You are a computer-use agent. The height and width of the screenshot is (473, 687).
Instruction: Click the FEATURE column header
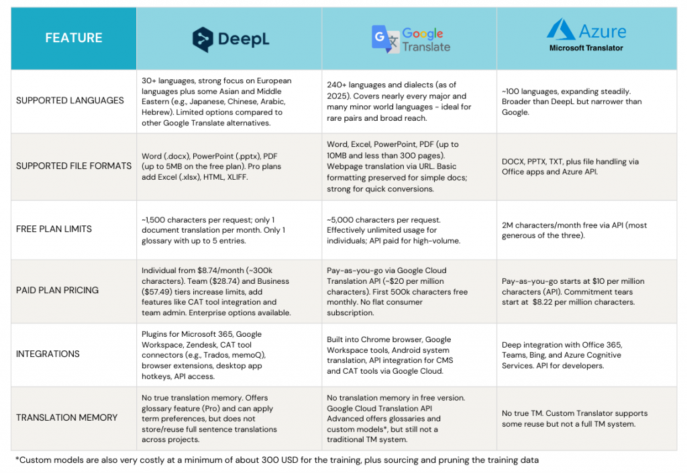(74, 38)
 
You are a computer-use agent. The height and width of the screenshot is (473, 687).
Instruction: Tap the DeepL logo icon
(204, 39)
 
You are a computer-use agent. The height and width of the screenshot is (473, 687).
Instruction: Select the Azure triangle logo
(561, 30)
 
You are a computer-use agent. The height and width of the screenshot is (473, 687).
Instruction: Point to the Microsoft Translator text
(586, 48)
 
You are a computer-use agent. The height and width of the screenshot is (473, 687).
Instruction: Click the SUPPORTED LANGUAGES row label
(70, 101)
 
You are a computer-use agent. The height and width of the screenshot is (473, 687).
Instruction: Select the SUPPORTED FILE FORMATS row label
(74, 166)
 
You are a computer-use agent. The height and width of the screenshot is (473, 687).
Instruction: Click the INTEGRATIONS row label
(48, 354)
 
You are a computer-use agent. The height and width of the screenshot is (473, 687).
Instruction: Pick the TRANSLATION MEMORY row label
(66, 417)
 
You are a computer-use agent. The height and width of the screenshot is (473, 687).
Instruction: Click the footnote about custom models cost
(276, 460)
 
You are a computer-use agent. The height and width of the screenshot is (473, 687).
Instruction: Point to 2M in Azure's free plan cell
(508, 225)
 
